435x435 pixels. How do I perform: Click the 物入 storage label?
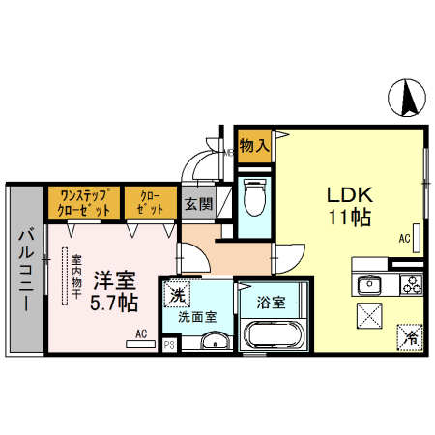pyautogui.click(x=253, y=145)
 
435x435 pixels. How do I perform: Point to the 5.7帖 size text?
pyautogui.click(x=115, y=303)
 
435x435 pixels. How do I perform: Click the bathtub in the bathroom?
pyautogui.click(x=273, y=336)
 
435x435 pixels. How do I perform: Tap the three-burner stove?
pyautogui.click(x=410, y=285)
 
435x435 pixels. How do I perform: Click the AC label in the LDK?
pyautogui.click(x=405, y=237)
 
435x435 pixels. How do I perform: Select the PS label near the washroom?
pyautogui.click(x=169, y=343)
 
